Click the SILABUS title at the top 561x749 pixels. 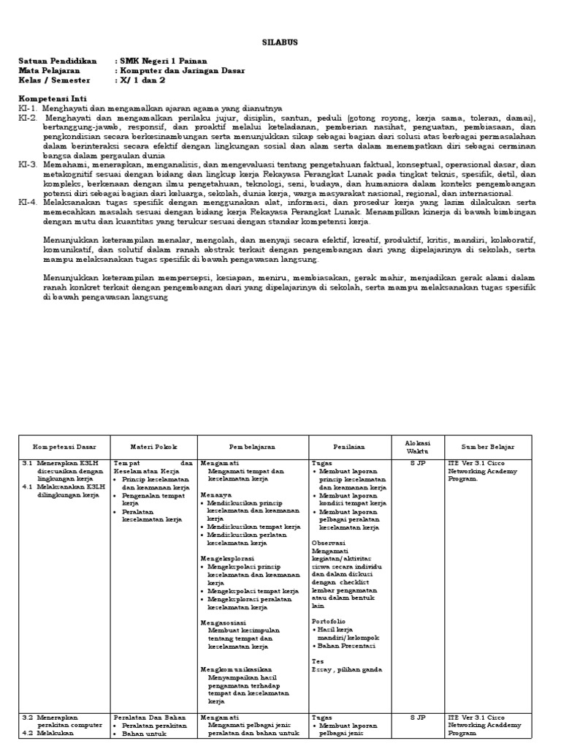[x=280, y=43]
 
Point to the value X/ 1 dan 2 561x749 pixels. [x=148, y=81]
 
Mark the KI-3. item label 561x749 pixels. [x=28, y=165]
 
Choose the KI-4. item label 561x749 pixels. [x=28, y=201]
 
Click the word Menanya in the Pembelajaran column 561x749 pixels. [x=216, y=495]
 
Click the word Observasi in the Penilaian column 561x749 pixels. [x=330, y=543]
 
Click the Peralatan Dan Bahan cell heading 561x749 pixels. [x=150, y=718]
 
